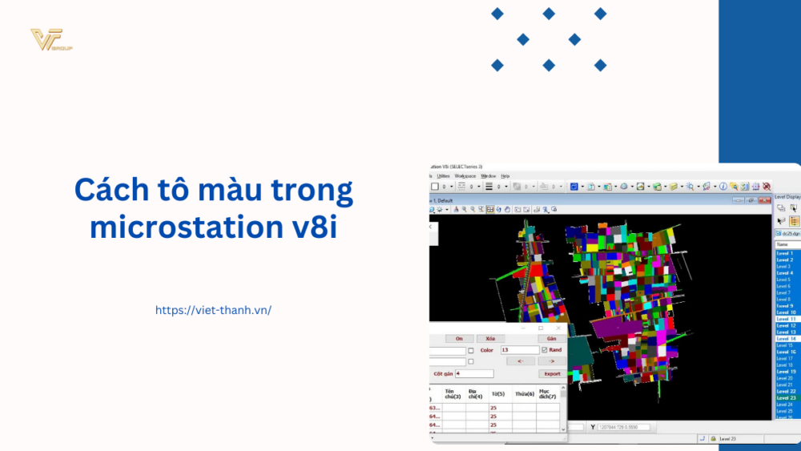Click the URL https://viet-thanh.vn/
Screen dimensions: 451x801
[213, 310]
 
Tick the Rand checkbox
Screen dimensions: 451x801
[545, 350]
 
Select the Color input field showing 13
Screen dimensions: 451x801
[519, 350]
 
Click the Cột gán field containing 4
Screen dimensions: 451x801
[474, 373]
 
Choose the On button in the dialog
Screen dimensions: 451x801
[459, 339]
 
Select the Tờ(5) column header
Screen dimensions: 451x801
[498, 393]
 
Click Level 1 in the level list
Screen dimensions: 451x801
[785, 253]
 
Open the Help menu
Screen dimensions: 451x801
[505, 175]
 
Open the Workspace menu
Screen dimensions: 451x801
[465, 175]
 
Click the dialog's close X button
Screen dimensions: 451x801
[558, 328]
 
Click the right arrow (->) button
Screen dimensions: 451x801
[551, 361]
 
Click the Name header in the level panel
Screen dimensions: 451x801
[783, 244]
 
